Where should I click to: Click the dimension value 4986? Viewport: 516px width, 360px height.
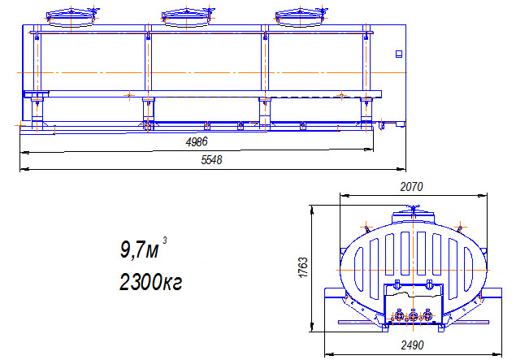(197, 142)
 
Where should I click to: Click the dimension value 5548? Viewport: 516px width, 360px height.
(211, 160)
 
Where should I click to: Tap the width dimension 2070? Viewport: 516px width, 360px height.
(411, 187)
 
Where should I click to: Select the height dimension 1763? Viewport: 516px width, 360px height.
(303, 267)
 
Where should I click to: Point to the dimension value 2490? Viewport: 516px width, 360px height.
(412, 345)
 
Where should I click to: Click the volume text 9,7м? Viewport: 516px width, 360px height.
(139, 250)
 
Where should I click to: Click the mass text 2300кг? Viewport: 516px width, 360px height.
(150, 282)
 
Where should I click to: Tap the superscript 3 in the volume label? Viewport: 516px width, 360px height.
(164, 241)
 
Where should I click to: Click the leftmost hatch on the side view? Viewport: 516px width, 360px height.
(72, 17)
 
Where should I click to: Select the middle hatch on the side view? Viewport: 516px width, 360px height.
(186, 17)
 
